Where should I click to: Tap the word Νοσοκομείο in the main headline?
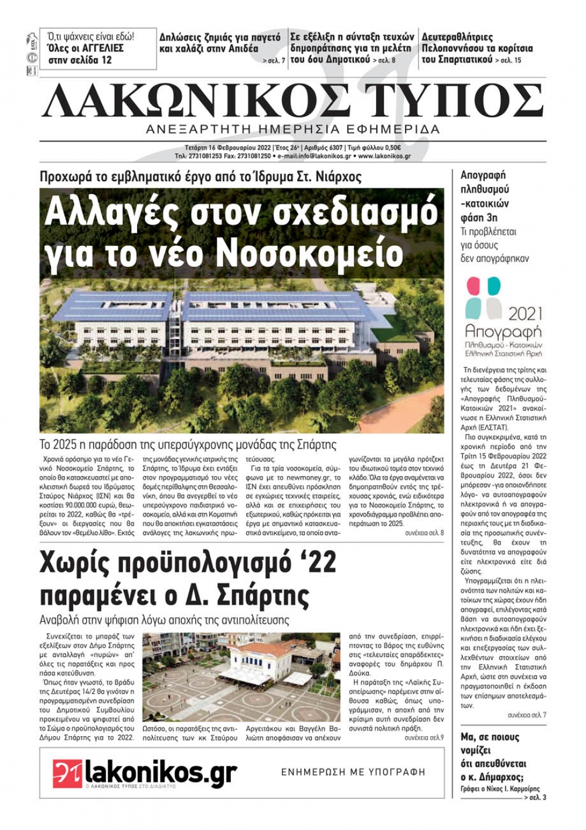[x=311, y=253]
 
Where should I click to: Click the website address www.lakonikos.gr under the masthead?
[x=384, y=157]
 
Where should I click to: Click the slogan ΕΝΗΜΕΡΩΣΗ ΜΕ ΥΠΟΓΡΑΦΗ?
[x=353, y=772]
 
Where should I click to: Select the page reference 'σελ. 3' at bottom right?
[x=537, y=798]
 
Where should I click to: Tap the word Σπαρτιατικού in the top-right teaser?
[x=457, y=60]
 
